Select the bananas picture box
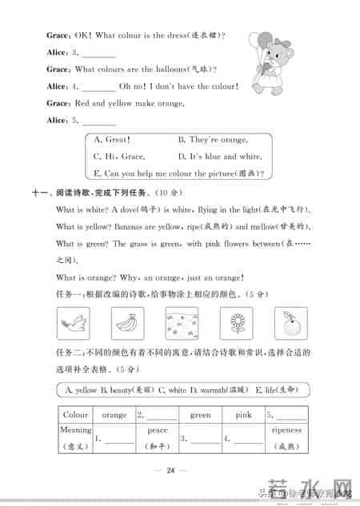(127, 325)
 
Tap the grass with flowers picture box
(181, 325)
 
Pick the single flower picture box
(235, 325)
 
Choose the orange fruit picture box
(289, 325)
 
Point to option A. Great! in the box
(113, 139)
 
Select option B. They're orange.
(212, 139)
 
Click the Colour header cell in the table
(75, 416)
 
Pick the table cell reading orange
(114, 416)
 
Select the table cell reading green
(200, 416)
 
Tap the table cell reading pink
(243, 416)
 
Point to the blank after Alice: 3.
(98, 54)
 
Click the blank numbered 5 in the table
(290, 416)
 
